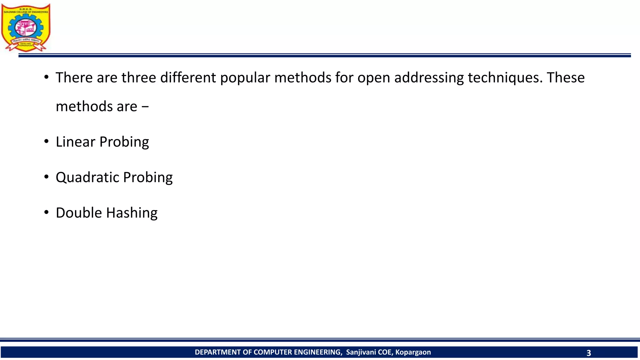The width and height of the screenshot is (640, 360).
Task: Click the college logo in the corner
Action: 26,27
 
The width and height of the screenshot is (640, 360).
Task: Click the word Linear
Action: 75,142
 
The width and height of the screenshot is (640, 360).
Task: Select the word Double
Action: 79,213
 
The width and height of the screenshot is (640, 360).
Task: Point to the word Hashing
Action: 132,213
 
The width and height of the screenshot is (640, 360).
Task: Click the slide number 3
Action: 588,353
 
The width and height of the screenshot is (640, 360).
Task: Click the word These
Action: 566,77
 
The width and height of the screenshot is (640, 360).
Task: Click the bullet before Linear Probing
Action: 47,142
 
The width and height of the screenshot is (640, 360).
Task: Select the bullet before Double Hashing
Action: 47,212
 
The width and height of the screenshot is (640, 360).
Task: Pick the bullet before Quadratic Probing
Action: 47,177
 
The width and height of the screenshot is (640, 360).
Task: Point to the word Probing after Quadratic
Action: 148,177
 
